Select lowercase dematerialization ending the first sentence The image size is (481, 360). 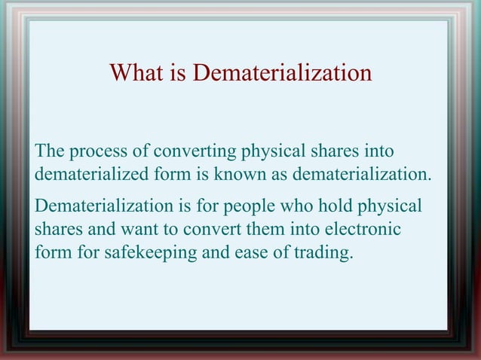pyautogui.click(x=362, y=175)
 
